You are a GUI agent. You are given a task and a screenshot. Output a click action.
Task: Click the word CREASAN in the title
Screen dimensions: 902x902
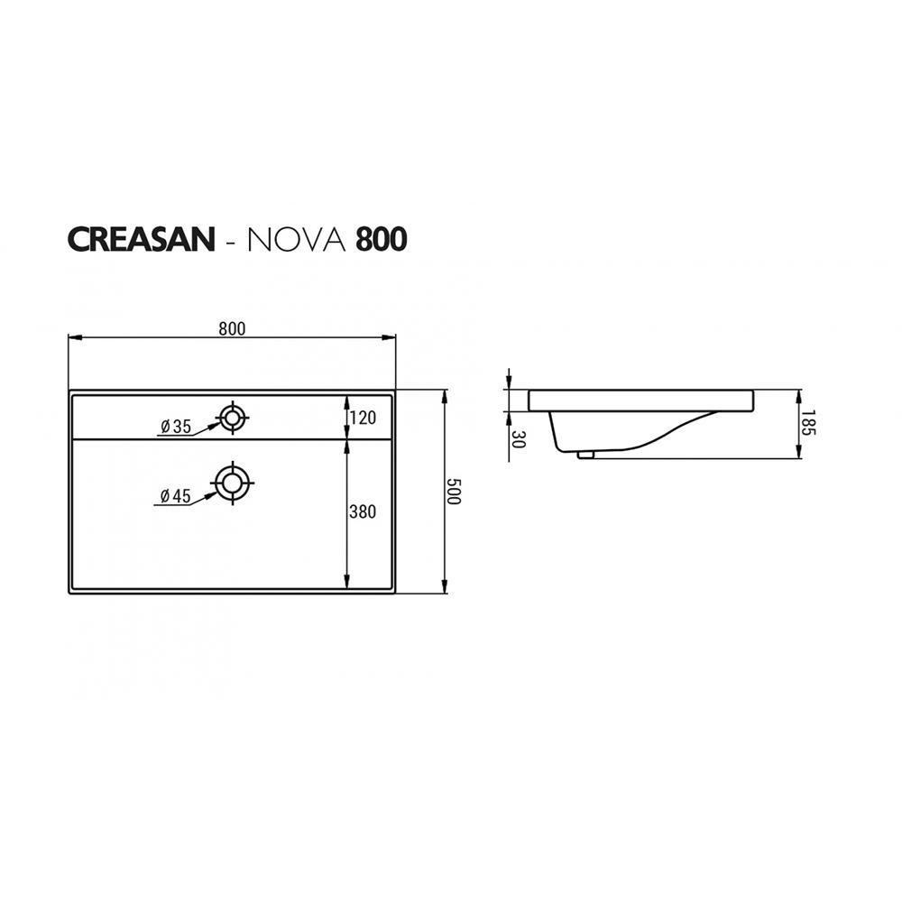[142, 239]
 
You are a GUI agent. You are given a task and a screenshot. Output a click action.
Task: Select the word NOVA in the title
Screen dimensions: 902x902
[297, 239]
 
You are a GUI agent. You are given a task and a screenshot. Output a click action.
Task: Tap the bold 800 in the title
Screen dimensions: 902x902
[382, 239]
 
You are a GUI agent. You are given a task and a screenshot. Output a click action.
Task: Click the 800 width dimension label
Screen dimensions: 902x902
[232, 328]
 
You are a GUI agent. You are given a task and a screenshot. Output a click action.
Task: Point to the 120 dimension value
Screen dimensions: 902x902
[363, 417]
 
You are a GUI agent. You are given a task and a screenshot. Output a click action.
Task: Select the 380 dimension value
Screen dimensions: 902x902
[363, 511]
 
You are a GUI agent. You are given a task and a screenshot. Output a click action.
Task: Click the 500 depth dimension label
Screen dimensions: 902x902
[454, 491]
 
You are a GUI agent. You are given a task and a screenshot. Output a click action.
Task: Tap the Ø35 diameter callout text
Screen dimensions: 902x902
[176, 427]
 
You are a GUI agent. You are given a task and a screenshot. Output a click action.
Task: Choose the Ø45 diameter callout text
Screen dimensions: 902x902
[175, 496]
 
